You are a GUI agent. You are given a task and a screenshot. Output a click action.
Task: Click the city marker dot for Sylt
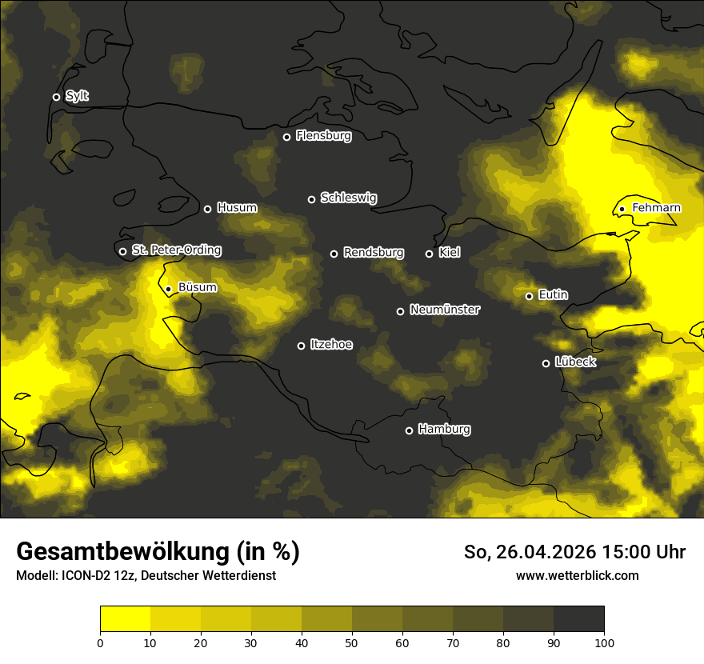pyautogui.click(x=56, y=97)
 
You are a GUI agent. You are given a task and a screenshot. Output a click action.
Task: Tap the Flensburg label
pyautogui.click(x=323, y=136)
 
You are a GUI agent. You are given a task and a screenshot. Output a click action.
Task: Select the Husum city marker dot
pyautogui.click(x=207, y=209)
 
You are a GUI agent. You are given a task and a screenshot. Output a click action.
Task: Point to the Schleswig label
pyautogui.click(x=348, y=198)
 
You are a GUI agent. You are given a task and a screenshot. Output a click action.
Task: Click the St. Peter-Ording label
pyautogui.click(x=176, y=250)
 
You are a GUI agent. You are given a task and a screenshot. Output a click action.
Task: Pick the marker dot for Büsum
pyautogui.click(x=168, y=289)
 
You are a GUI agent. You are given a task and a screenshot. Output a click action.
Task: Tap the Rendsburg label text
pyautogui.click(x=373, y=253)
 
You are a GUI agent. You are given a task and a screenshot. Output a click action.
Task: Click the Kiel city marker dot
pyautogui.click(x=429, y=254)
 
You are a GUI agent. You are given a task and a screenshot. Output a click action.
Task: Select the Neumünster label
pyautogui.click(x=444, y=310)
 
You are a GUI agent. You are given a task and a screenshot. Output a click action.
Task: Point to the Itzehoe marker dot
pyautogui.click(x=301, y=346)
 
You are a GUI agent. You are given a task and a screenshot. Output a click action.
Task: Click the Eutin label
pyautogui.click(x=553, y=295)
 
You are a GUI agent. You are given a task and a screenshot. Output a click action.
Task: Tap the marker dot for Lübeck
pyautogui.click(x=546, y=363)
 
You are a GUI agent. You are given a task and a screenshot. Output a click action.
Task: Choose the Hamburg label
pyautogui.click(x=444, y=430)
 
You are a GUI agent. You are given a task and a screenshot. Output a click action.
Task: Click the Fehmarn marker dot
pyautogui.click(x=622, y=209)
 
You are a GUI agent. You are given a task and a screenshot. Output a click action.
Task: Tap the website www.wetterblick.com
pyautogui.click(x=577, y=575)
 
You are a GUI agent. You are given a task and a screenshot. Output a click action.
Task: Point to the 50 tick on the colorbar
pyautogui.click(x=352, y=642)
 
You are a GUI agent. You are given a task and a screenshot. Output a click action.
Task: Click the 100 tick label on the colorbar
pyautogui.click(x=604, y=642)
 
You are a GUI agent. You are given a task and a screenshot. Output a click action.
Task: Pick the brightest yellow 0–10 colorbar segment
pyautogui.click(x=125, y=619)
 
